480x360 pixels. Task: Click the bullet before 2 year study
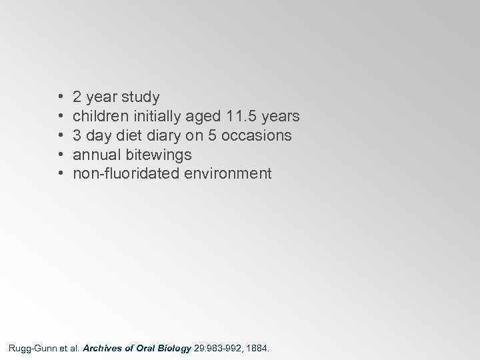click(x=61, y=97)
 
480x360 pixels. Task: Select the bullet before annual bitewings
click(x=61, y=155)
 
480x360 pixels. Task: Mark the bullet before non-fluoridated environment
click(x=61, y=174)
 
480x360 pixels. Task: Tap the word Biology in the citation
click(x=172, y=347)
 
